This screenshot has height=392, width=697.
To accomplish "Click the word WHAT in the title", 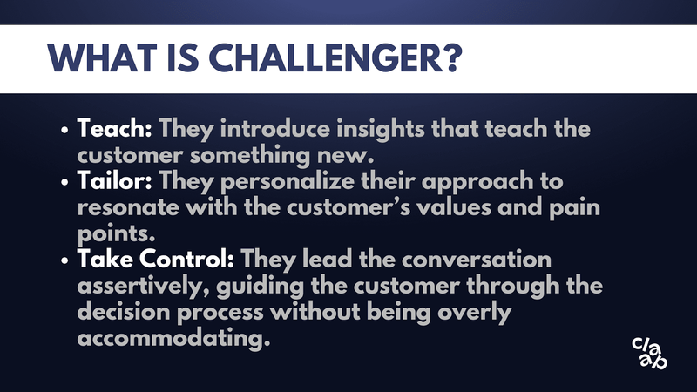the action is tap(102, 58).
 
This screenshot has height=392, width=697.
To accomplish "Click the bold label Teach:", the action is tap(115, 128).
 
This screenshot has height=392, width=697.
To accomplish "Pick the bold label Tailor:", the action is tap(115, 181).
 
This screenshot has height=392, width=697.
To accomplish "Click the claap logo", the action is tap(649, 354).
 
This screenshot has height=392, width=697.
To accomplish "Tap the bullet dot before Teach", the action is tap(64, 130).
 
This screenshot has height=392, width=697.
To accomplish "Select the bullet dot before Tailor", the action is tap(64, 183).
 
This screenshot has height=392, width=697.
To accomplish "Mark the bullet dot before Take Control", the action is tap(64, 260).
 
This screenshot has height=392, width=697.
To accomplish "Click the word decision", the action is tap(124, 312).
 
